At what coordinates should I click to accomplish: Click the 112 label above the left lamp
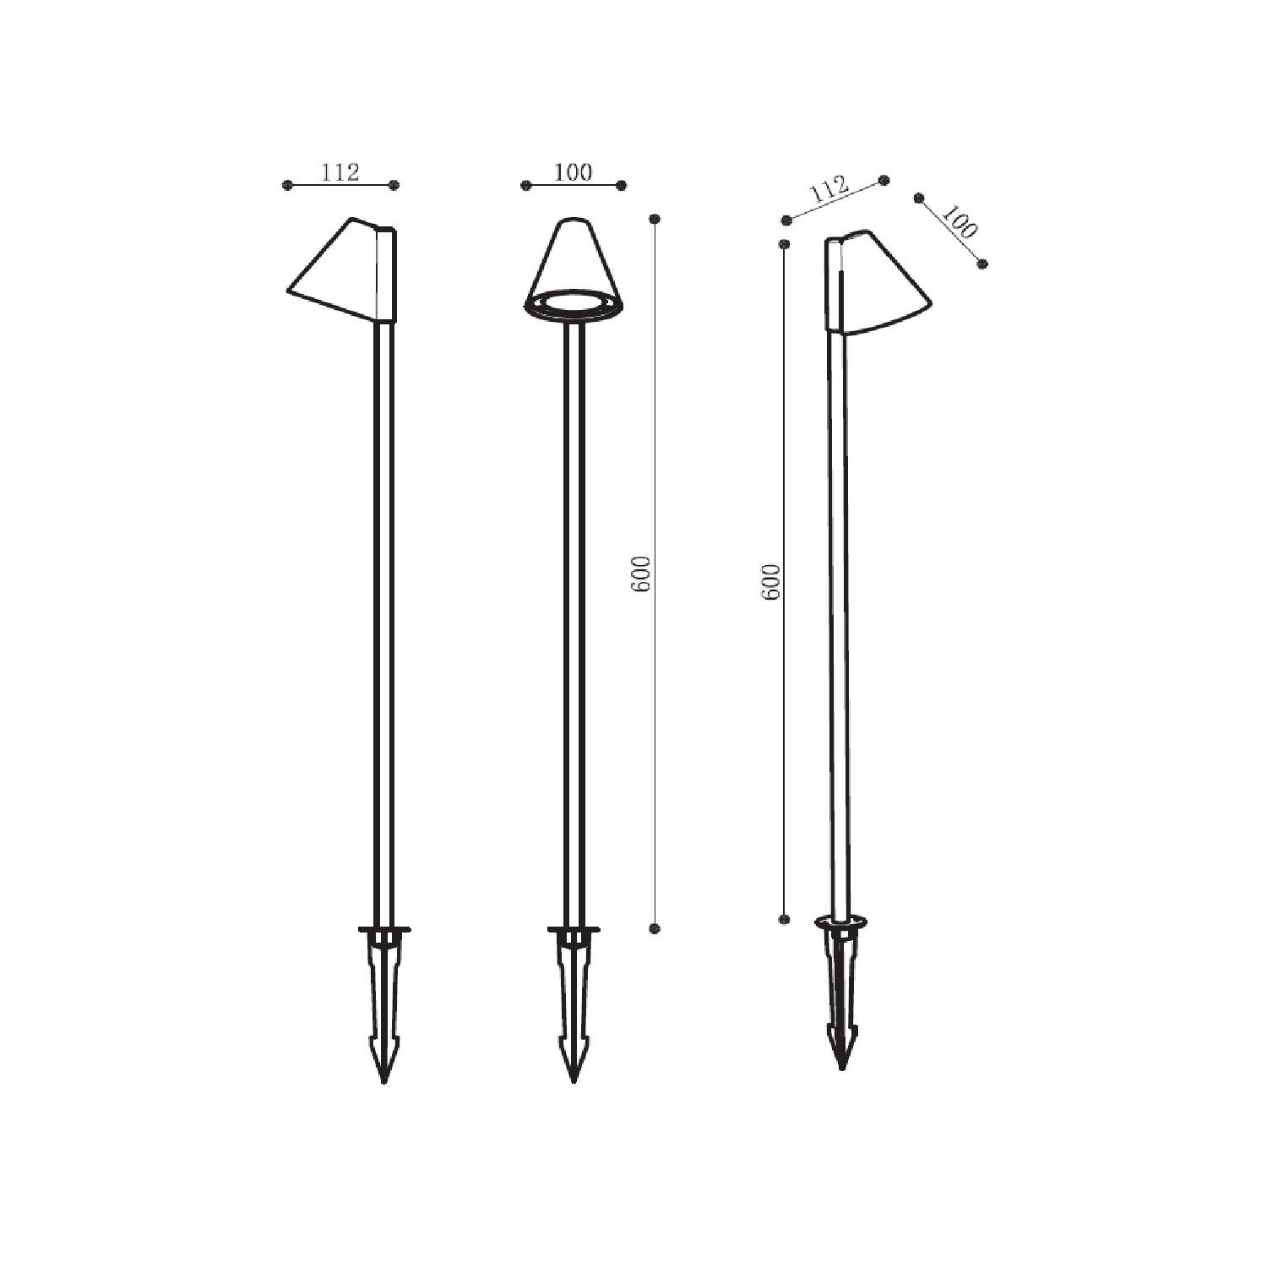340,172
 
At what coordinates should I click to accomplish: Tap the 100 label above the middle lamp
574,172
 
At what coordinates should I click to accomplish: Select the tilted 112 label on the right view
829,190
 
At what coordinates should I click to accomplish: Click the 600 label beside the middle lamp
643,574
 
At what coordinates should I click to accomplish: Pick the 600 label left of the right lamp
771,582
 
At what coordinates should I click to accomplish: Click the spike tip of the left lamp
384,1082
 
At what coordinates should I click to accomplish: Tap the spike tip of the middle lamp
574,1082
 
